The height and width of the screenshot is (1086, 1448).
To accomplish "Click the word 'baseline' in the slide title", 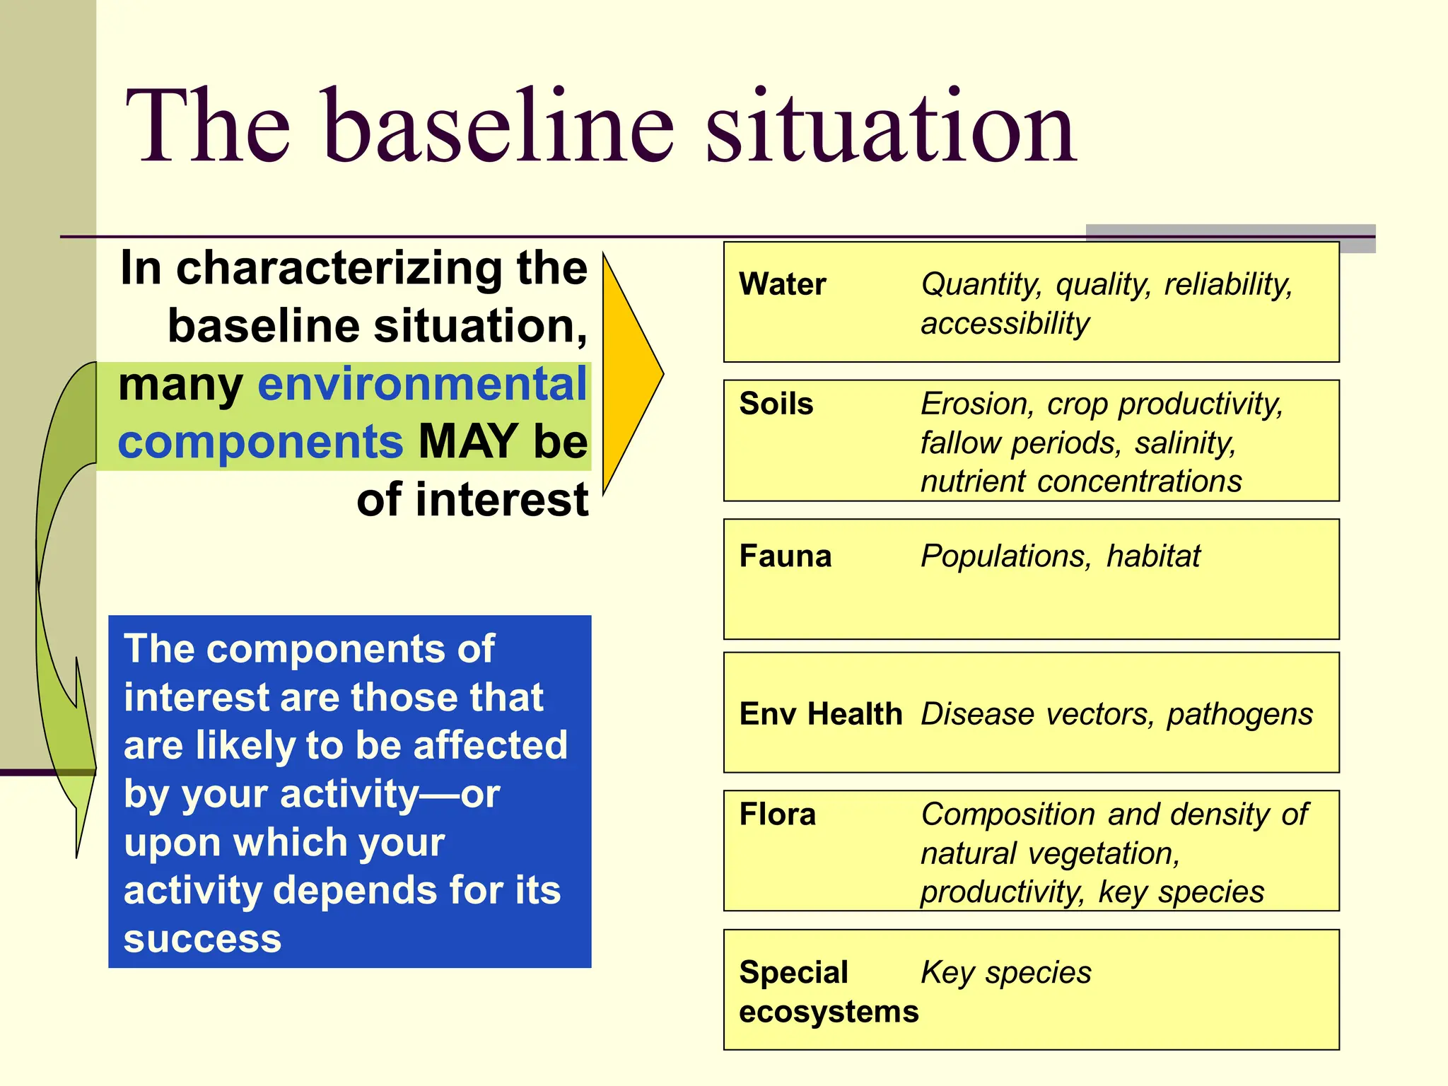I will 498,127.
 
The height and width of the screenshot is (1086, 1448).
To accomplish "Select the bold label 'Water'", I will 782,284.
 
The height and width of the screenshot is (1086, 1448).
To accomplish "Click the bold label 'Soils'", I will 776,404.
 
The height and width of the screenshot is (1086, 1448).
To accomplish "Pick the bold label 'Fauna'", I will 785,556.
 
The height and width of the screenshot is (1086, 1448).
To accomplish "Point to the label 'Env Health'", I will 820,713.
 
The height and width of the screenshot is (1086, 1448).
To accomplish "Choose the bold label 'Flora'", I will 777,814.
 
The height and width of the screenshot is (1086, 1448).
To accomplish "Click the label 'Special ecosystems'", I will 827,991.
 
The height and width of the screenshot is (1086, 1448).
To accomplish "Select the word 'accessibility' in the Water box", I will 1005,324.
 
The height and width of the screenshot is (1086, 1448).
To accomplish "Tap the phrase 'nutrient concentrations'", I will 1080,481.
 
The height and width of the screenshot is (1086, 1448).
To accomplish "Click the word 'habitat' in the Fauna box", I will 1152,556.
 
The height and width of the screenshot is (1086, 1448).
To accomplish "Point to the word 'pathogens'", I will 1239,713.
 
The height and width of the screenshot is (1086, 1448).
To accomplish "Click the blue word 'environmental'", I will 422,384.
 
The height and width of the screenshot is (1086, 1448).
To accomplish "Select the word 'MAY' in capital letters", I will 468,442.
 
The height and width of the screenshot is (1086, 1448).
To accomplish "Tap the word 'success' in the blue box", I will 202,939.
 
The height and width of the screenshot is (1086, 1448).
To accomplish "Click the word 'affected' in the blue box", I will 490,745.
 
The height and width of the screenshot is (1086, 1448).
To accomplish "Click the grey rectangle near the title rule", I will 1230,238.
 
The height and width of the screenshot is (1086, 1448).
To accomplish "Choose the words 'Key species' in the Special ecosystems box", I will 1005,973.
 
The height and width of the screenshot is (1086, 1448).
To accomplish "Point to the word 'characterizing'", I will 341,269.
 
